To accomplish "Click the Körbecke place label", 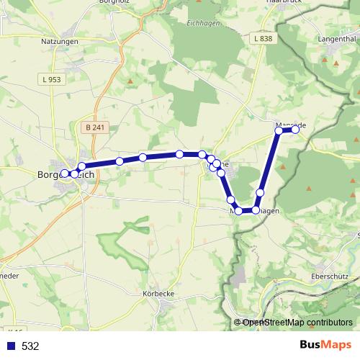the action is [x=160, y=294].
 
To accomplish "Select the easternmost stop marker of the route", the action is [x=295, y=130].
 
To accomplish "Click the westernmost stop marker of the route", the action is [x=65, y=173].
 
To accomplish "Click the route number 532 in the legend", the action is [x=30, y=346].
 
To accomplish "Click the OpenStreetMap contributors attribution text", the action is [x=297, y=322].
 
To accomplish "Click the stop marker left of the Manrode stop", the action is [x=279, y=130].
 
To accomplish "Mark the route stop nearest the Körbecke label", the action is [x=238, y=211].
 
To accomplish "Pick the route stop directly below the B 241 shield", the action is [x=82, y=167].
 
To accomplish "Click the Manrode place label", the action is [x=291, y=125].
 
